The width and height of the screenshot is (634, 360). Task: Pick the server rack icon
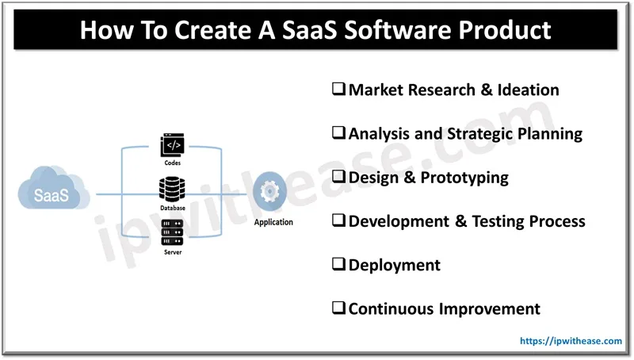pyautogui.click(x=174, y=232)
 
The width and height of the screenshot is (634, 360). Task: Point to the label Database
pyautogui.click(x=174, y=208)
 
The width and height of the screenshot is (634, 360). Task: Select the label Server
pyautogui.click(x=174, y=251)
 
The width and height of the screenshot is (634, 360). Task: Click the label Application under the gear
pyautogui.click(x=273, y=222)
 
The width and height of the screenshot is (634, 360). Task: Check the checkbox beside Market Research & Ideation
pyautogui.click(x=338, y=90)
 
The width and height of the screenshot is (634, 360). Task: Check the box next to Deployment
pyautogui.click(x=338, y=265)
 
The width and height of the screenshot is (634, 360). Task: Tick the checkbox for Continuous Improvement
pyautogui.click(x=338, y=308)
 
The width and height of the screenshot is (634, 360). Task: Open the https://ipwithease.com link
pyautogui.click(x=571, y=341)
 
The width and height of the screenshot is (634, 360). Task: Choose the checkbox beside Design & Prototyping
pyautogui.click(x=338, y=178)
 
